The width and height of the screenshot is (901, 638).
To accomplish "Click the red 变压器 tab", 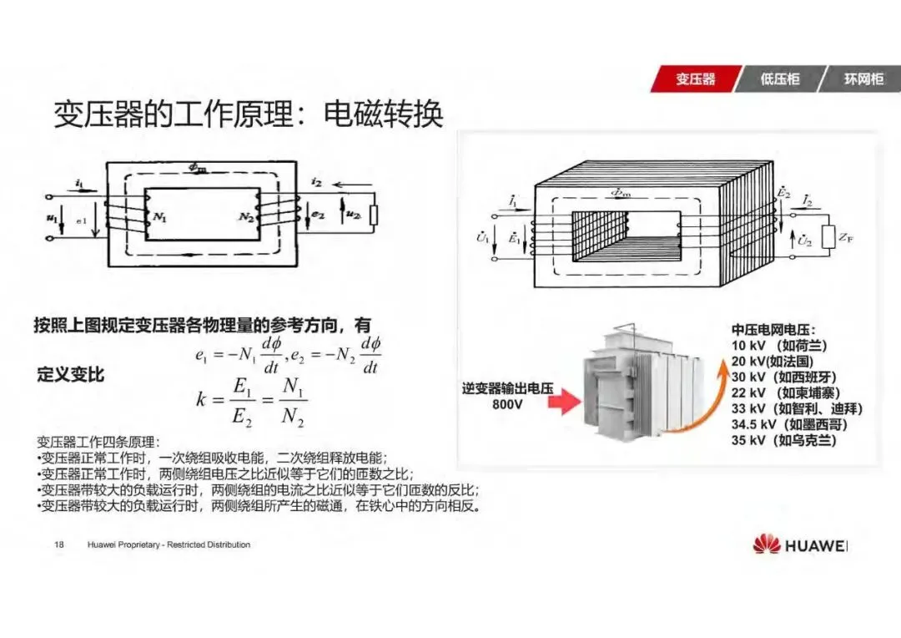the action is [x=695, y=79].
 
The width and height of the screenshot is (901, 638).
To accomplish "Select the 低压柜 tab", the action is [x=779, y=79].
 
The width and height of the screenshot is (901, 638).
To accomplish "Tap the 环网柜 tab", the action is [x=863, y=79].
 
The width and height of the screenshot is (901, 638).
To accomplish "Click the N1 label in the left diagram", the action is [x=159, y=217].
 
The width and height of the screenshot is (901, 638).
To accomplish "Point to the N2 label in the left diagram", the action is [x=245, y=217].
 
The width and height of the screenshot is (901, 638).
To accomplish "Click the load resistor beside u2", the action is [x=373, y=215].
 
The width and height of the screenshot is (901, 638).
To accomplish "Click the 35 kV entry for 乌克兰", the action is [x=783, y=440].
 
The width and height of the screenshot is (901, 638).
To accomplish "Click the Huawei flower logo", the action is [x=766, y=544].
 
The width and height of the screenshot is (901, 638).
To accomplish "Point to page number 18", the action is [x=59, y=544].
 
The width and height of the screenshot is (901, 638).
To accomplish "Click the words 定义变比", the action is [x=71, y=375].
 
